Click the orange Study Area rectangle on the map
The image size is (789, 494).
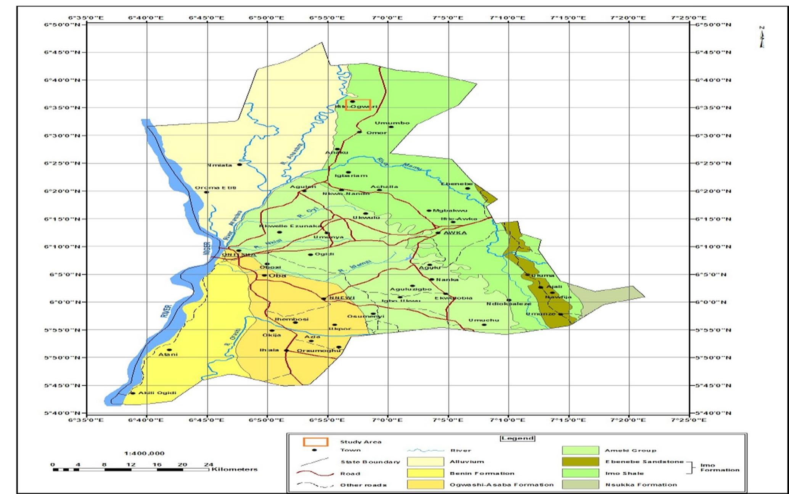(358, 105)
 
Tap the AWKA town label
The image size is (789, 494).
(455, 233)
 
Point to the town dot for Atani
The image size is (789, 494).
(169, 350)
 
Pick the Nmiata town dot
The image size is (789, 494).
(239, 164)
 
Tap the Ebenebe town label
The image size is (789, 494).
(456, 184)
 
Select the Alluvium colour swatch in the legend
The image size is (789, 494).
(425, 462)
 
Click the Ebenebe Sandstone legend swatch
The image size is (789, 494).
(580, 462)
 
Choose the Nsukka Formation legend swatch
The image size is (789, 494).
(580, 484)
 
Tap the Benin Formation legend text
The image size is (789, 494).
(482, 473)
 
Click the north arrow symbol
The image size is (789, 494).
(762, 37)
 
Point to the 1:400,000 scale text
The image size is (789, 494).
(145, 453)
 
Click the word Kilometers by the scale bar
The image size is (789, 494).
(235, 469)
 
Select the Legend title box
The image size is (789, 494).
(517, 438)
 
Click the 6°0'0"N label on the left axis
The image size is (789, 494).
(62, 302)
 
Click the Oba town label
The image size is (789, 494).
(277, 275)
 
